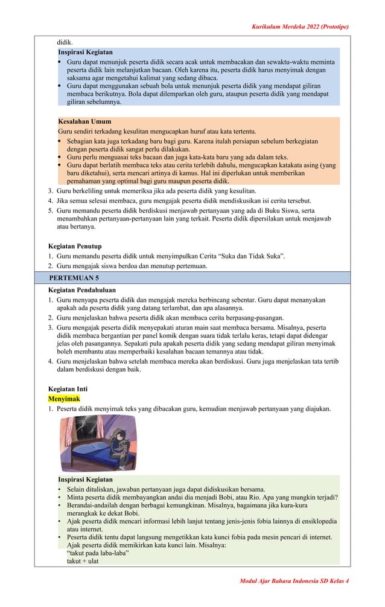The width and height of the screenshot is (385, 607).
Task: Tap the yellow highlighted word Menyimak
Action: click(64, 399)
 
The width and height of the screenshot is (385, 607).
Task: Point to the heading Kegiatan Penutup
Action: click(75, 246)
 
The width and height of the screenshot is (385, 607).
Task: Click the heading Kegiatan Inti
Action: click(68, 389)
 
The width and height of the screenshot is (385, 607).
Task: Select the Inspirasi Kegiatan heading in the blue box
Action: click(85, 53)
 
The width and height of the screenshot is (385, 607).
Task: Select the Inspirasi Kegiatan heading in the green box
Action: click(85, 480)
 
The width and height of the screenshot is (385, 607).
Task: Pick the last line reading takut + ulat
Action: click(83, 561)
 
